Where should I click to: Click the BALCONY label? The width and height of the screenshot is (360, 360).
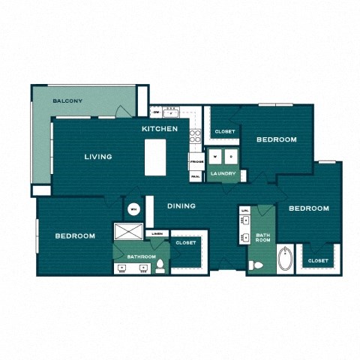pos(67,101)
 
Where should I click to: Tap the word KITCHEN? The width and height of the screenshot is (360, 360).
pos(160,129)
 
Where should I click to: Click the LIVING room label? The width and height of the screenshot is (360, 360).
pos(98,157)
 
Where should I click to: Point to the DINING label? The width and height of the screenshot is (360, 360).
pos(181,205)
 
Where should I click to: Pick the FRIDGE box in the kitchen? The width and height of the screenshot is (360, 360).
pos(196,162)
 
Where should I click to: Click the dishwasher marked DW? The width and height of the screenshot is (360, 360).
pos(157,112)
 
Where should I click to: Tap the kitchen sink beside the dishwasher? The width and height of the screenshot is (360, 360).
pos(171,112)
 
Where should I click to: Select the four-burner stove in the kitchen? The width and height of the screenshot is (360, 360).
pos(196,136)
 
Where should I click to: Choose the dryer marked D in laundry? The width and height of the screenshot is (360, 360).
pos(231,157)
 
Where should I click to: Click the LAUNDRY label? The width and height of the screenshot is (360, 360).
pos(223,174)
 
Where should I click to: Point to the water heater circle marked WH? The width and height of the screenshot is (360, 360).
pos(133,209)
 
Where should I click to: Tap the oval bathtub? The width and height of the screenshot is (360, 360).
pos(286,260)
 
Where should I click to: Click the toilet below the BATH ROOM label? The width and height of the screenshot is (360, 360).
pos(255,263)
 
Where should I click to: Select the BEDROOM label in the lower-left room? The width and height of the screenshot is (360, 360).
pos(75,235)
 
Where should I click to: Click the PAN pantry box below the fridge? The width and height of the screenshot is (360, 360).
pos(195,176)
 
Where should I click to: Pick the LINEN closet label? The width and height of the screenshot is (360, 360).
pos(157,234)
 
